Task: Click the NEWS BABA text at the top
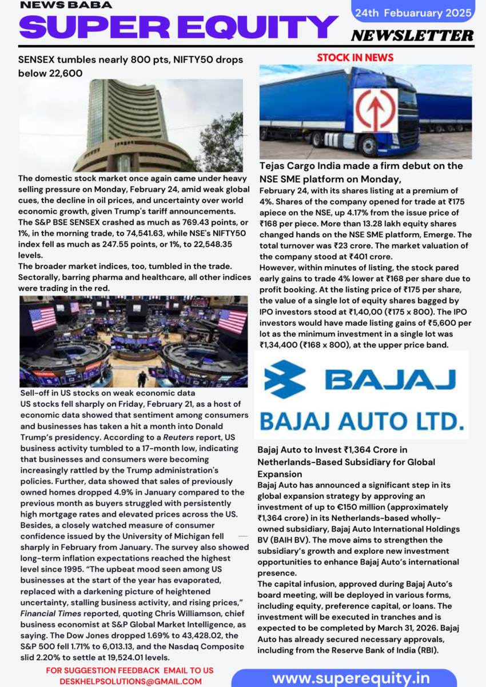66,5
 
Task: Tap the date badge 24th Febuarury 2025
413,13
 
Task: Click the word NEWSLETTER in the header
412,35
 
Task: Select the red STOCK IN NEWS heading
355,58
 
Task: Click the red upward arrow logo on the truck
375,110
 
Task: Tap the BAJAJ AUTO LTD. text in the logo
361,422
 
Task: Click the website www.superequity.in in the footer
351,678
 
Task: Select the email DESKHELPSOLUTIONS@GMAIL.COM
130,681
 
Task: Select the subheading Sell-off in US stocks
107,394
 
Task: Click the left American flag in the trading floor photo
43,319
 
